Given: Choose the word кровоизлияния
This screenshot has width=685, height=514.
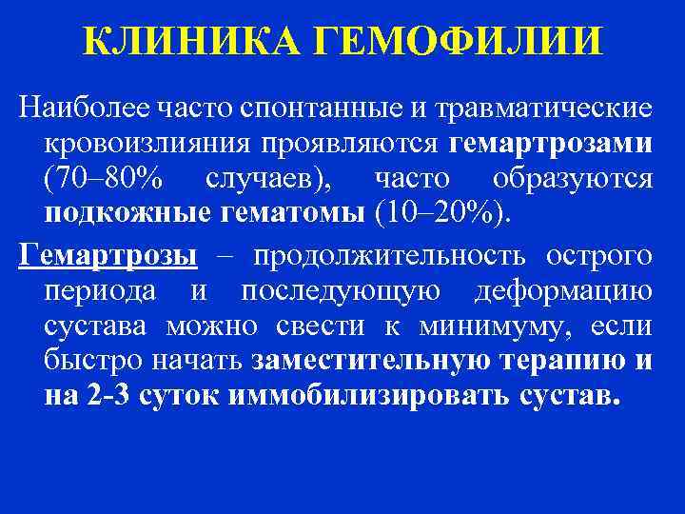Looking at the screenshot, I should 140,145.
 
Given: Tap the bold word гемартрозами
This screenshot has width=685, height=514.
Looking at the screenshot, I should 551,145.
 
